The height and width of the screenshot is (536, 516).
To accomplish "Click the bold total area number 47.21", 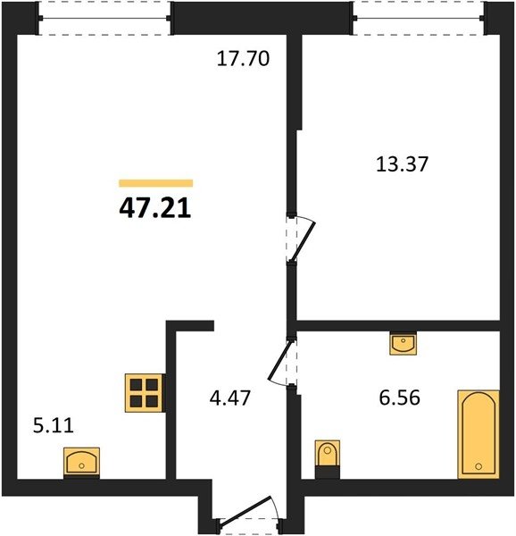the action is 155,208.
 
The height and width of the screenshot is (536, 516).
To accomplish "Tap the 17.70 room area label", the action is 243,58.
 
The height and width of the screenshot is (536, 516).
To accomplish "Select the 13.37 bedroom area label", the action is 402,163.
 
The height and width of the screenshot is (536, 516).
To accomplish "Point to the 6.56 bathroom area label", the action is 400,398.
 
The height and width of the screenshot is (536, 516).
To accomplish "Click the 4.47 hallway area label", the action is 230,398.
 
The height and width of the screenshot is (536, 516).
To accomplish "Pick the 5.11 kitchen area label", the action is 54,426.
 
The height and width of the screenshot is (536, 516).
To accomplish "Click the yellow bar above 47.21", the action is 156,183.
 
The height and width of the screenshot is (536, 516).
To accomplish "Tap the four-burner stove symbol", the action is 144,393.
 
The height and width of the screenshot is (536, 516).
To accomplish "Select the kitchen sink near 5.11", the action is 81,462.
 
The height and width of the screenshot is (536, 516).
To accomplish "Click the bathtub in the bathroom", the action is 479,434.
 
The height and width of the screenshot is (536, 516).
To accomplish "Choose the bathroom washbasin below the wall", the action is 404,343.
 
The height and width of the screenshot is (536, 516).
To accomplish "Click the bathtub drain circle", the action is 479,466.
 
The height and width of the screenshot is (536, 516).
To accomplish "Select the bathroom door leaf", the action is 281,359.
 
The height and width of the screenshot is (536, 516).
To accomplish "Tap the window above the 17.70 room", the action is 104,18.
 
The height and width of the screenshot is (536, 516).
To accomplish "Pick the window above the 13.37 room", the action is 419,18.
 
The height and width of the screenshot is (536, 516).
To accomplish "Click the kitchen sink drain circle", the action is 81,465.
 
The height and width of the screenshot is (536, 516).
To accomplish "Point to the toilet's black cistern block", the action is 328,472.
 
